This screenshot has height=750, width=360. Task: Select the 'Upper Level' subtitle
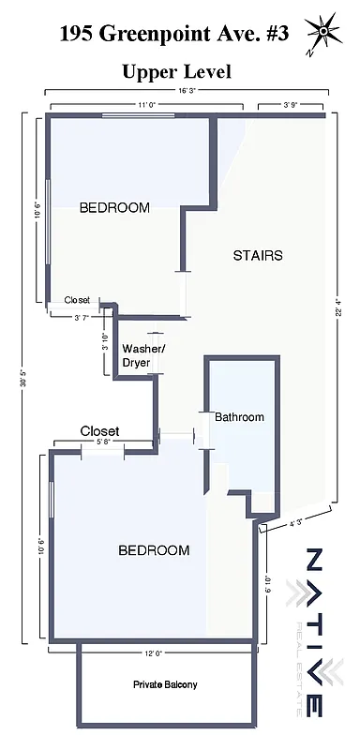[176, 71]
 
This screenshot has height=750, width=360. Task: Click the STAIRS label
[258, 255]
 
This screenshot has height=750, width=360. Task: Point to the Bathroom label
[240, 417]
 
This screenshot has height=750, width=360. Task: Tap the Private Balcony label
[164, 685]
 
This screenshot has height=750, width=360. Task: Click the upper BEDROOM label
[114, 208]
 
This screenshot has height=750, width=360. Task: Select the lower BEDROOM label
[154, 550]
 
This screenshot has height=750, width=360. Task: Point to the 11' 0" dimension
[146, 106]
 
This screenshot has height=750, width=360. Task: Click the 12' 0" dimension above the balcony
[153, 652]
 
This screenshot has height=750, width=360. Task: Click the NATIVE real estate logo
[316, 632]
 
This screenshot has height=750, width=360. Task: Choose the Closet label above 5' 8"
[99, 431]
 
